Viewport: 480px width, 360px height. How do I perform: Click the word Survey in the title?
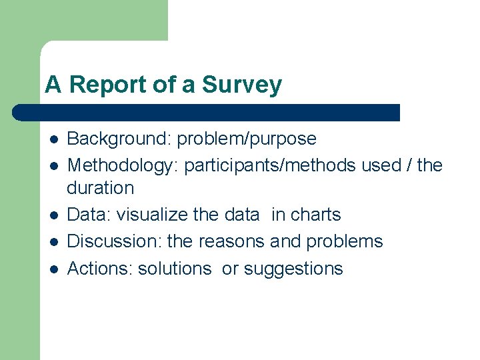[x=241, y=85]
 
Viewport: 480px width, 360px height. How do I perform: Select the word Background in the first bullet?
[x=117, y=139]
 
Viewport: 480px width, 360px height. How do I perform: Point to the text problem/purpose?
[x=247, y=139]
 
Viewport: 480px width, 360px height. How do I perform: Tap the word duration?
[x=100, y=188]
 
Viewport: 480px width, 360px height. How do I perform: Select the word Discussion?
[x=114, y=241]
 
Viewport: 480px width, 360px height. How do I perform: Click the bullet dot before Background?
[x=53, y=139]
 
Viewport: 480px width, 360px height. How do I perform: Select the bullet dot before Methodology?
[x=53, y=165]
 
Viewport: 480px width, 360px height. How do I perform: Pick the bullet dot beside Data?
[x=53, y=215]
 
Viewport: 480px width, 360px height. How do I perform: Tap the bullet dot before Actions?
[x=53, y=269]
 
